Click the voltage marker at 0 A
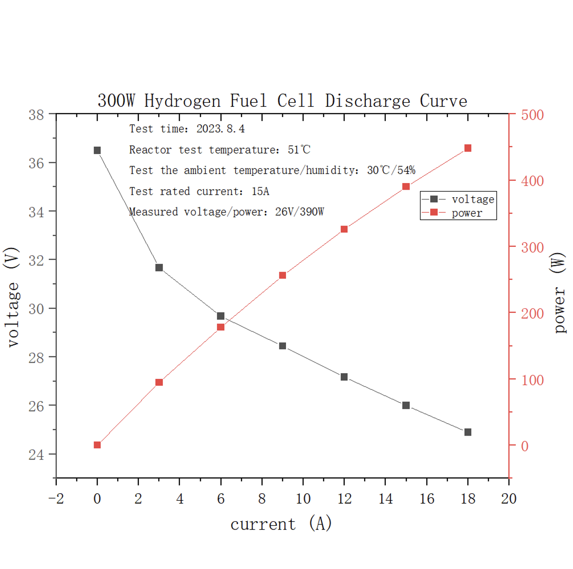97,151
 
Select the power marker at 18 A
467,148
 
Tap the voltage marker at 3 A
159,268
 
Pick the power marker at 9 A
283,275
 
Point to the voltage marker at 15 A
406,405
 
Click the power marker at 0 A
97,445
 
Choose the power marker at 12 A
344,229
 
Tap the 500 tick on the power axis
532,115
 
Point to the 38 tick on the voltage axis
36,115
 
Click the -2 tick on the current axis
56,499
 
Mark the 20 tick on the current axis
509,499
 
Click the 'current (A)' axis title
281,524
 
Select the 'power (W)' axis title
560,292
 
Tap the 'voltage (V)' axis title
12,297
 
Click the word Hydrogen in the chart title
182,101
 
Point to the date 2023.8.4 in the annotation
220,129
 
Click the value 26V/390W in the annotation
299,212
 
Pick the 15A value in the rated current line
260,191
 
